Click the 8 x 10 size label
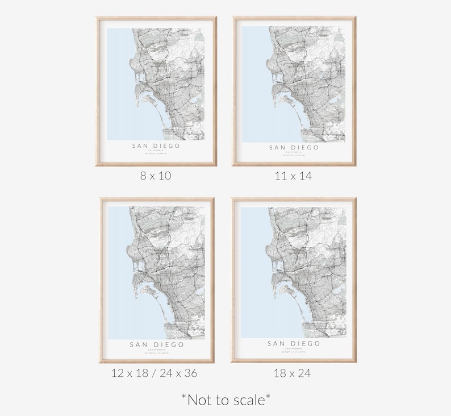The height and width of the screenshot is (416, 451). click(156, 176)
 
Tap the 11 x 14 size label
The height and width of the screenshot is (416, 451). click(293, 176)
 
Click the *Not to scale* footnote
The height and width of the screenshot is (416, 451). click(225, 400)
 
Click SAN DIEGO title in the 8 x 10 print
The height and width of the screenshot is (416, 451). click(156, 146)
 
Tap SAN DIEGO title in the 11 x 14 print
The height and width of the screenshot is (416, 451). click(294, 148)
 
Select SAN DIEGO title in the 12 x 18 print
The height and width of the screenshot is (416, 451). click(157, 344)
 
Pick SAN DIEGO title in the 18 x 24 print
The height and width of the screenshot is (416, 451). click(294, 344)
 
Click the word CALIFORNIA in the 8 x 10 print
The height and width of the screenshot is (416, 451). click(156, 151)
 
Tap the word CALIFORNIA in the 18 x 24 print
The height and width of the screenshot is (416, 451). click(294, 348)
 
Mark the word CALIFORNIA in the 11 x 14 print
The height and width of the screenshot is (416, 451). click(294, 152)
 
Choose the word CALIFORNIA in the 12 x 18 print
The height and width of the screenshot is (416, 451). click(157, 349)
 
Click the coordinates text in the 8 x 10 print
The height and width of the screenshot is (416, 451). click(156, 154)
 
